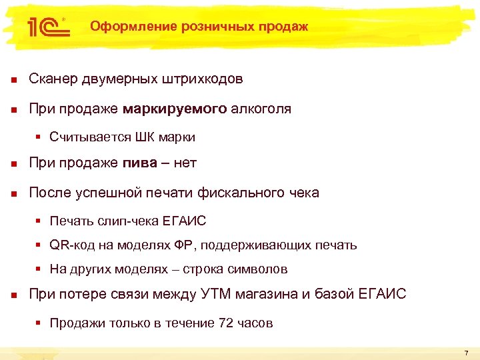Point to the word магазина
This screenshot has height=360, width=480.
[x=277, y=294]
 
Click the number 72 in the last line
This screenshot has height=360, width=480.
[x=225, y=323]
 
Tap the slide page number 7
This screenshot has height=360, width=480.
[x=466, y=352]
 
